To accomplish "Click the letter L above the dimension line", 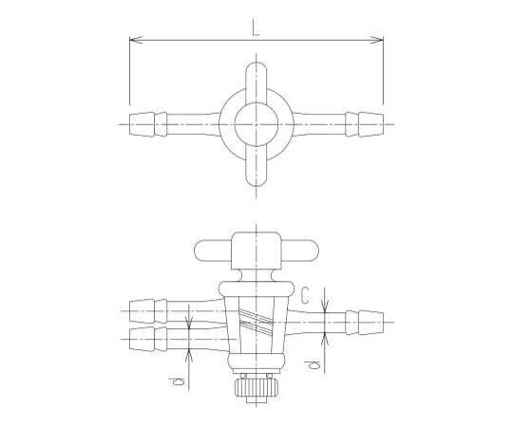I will click(x=256, y=29).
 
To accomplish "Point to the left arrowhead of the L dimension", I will click(x=134, y=40).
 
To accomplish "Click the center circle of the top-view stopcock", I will click(x=256, y=122).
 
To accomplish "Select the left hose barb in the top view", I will click(x=142, y=122).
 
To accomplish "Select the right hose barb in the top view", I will click(x=369, y=122).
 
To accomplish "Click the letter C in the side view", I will click(x=304, y=297).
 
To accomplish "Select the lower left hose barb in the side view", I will click(x=141, y=340).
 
